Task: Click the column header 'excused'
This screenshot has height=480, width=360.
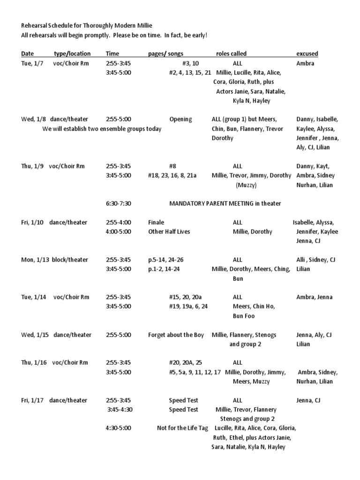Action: point(307,54)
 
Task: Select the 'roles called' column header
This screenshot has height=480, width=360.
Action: point(231,54)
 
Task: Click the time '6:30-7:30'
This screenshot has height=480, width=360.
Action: point(119,203)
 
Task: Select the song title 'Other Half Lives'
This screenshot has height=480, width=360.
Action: point(169,232)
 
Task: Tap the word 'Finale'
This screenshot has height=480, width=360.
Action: point(157,222)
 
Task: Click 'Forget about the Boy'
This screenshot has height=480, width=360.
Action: point(176,335)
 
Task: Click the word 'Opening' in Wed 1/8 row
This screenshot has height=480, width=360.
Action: point(180,119)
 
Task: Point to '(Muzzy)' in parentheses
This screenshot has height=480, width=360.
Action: point(247,185)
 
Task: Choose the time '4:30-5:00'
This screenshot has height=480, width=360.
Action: point(119,428)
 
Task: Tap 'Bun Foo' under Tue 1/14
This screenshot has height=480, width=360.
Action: point(244,316)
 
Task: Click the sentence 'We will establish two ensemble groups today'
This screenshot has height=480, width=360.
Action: point(102,128)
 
